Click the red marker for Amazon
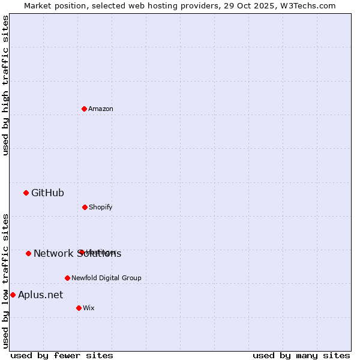pos(84,109)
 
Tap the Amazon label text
pos(101,109)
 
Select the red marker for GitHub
pos(26,193)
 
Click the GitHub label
pos(47,193)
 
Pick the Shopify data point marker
pos(85,207)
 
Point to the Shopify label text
pos(100,207)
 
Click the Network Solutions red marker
pos(28,253)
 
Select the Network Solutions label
pos(77,253)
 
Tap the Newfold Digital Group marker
pos(67,278)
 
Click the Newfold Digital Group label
pos(106,278)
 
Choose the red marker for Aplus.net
pos(13,295)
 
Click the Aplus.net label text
pos(40,295)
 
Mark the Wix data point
pos(79,308)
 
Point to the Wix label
pos(89,308)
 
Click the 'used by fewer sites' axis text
pos(62,355)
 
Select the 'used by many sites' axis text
pos(301,355)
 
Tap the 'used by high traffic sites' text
pos(5,85)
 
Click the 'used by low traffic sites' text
pos(5,281)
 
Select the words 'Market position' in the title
pos(51,5)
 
